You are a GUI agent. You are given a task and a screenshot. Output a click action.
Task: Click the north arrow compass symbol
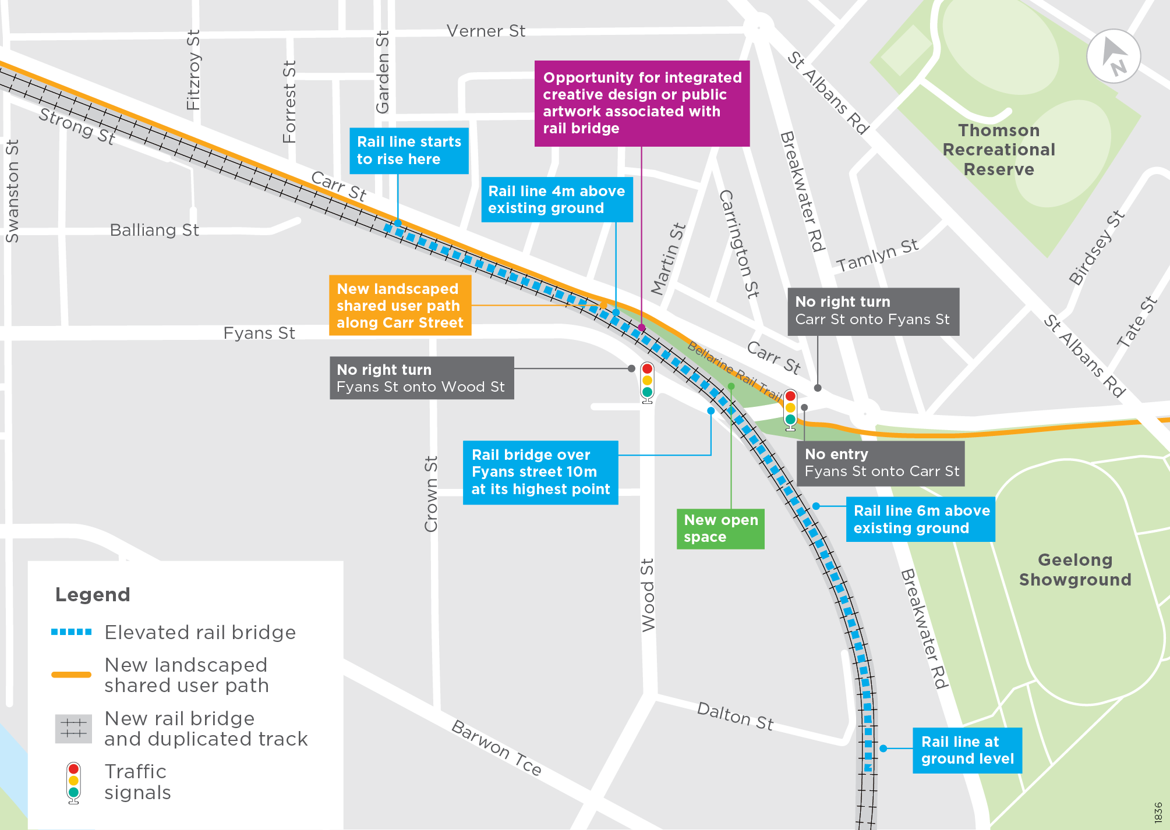1113,56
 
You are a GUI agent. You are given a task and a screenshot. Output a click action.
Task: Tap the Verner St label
486,31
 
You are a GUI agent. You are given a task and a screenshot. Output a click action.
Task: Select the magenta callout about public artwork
642,103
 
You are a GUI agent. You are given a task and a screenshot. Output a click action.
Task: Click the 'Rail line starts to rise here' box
409,151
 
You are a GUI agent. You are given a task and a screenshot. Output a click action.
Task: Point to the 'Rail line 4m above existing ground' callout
557,200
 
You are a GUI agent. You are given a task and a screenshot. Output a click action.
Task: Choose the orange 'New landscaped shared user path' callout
400,306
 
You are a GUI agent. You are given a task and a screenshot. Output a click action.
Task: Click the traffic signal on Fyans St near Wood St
647,382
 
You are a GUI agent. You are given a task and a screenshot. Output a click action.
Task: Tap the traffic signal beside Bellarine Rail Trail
790,409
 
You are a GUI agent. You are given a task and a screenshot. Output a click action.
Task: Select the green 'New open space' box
720,528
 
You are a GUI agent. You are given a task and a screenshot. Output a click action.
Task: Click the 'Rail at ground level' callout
967,750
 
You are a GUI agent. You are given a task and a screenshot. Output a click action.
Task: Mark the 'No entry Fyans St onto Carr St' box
881,463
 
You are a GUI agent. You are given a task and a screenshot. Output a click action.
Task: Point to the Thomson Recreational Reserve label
999,150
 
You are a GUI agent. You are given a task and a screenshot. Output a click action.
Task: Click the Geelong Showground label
1075,570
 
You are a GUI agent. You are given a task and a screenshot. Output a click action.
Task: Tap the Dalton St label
735,716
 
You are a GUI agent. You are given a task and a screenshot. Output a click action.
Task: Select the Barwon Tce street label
496,747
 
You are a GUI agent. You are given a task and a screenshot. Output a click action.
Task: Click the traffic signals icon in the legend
73,783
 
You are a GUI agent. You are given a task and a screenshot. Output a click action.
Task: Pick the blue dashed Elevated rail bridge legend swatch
71,632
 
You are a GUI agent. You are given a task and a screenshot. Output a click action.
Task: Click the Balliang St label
154,230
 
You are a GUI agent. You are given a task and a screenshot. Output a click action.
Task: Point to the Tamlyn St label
877,256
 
